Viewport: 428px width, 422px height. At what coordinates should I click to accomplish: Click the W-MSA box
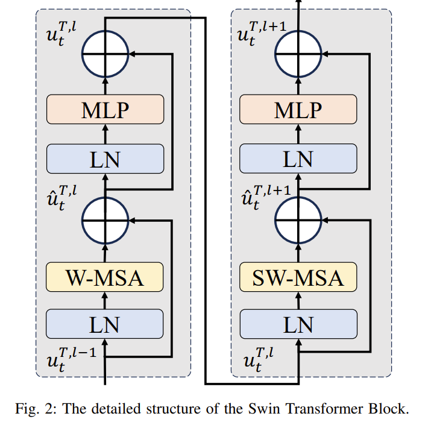105,278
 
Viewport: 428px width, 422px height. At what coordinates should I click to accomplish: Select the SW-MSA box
298,278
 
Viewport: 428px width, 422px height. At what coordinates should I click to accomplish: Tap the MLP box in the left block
105,110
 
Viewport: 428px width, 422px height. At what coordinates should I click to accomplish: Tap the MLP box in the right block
298,110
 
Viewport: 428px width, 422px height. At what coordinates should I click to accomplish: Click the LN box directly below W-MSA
105,324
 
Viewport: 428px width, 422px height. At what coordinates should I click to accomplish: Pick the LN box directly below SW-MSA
298,324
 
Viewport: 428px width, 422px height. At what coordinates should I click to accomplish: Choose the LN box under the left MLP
105,159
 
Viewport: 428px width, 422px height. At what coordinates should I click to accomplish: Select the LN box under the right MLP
298,159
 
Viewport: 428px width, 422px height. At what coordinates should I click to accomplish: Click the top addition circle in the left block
105,54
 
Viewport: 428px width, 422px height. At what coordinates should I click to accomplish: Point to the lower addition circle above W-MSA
105,221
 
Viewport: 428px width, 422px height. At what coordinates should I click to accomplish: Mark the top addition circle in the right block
298,54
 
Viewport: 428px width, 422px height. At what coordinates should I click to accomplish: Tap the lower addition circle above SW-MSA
298,221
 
